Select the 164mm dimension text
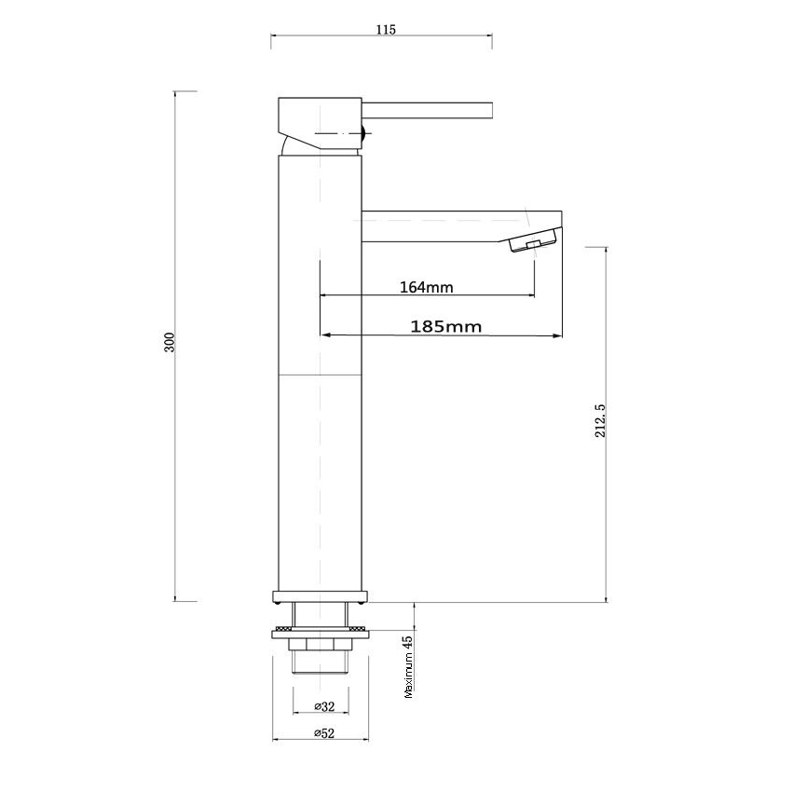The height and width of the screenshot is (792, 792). click(426, 287)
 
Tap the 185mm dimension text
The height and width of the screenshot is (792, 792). click(445, 326)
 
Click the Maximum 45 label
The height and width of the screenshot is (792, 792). click(407, 667)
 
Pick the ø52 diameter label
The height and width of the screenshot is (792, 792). click(321, 733)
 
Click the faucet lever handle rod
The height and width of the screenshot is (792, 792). click(429, 110)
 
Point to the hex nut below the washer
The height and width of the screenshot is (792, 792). click(320, 645)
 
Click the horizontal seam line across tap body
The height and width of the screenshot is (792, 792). click(320, 375)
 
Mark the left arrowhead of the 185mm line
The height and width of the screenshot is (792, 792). click(324, 335)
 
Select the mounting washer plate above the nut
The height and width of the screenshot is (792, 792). click(320, 633)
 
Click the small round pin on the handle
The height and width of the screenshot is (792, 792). click(362, 134)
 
